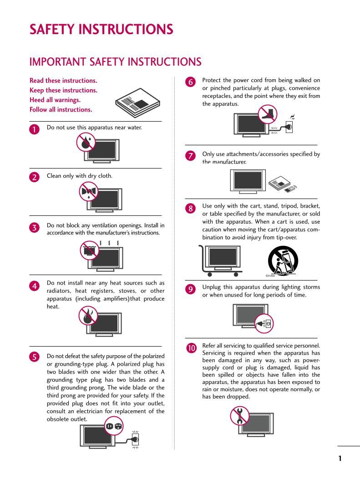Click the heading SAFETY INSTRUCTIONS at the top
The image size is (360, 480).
(101, 30)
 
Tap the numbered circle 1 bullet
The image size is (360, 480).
(34, 129)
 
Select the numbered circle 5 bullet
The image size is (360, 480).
(34, 357)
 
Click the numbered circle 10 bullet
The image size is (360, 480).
(191, 348)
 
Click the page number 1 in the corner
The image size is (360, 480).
(340, 459)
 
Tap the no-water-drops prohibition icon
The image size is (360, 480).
(86, 142)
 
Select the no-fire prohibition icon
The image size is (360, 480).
(87, 315)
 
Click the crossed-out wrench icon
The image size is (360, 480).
(239, 415)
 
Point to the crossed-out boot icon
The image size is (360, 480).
(267, 114)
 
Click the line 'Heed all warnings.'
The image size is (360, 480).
(55, 100)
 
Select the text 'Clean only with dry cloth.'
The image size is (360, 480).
(80, 176)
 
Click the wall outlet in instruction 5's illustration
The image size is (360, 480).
(135, 439)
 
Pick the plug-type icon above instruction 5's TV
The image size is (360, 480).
(114, 426)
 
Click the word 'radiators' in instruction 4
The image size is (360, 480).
(60, 291)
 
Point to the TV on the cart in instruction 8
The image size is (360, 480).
(222, 257)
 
